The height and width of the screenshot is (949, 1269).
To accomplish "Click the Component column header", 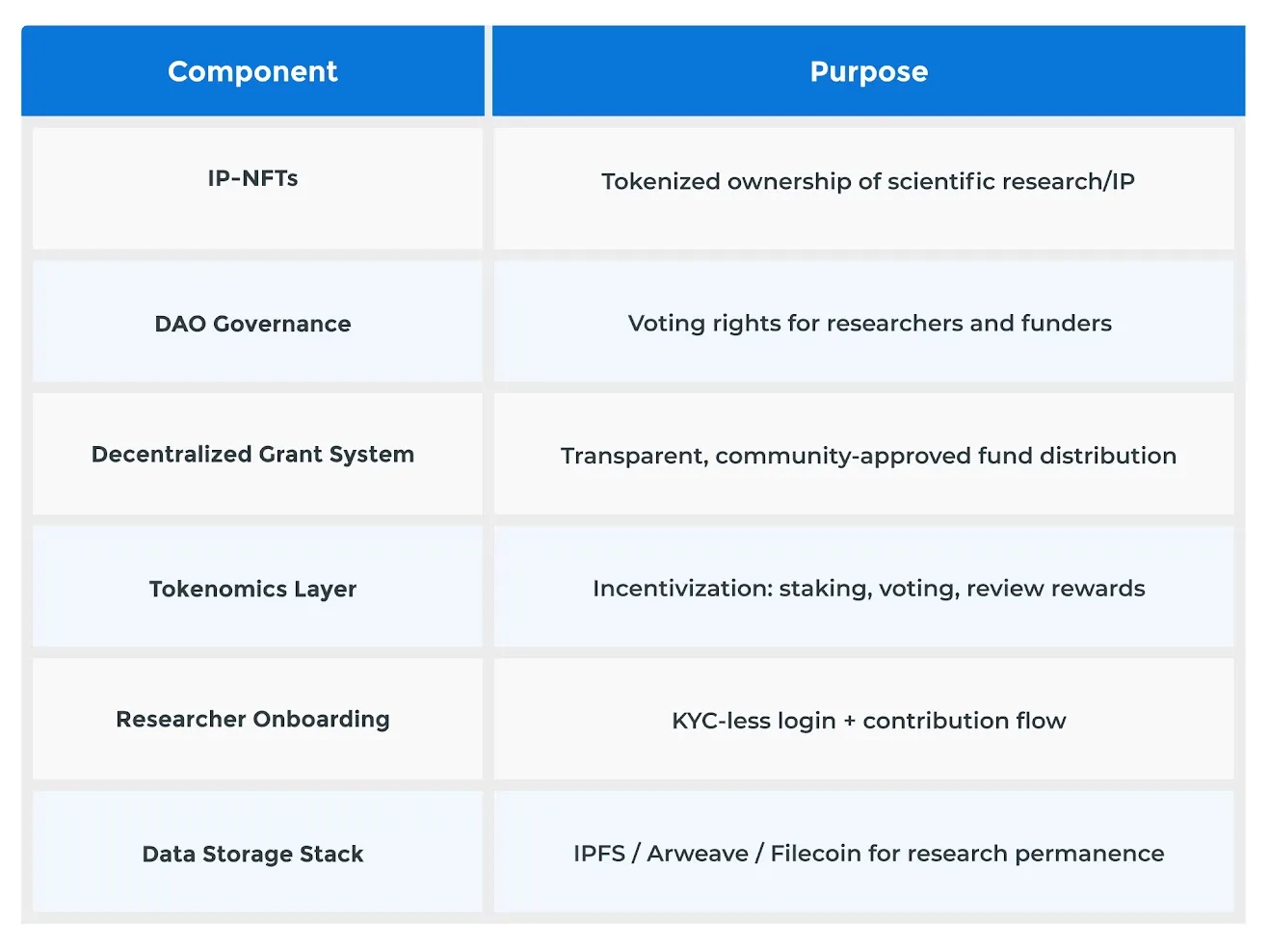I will click(x=252, y=71).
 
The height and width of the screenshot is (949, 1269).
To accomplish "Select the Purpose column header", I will click(x=868, y=71).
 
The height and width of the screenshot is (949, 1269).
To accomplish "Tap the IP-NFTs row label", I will click(x=252, y=178).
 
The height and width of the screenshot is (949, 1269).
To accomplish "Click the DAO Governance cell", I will click(x=252, y=324).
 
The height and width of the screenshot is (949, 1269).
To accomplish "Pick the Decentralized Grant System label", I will click(x=252, y=454).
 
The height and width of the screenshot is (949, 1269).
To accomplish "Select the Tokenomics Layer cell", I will click(x=252, y=589).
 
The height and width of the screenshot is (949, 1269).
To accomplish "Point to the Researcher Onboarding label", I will click(x=252, y=719).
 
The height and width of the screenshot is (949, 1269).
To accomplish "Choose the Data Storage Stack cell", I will click(x=252, y=854).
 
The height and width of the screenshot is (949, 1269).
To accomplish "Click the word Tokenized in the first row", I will click(x=660, y=181).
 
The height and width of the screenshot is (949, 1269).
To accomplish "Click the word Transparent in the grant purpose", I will click(x=634, y=456).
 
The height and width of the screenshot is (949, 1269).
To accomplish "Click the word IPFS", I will click(x=598, y=854).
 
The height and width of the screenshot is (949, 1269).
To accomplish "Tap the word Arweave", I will click(x=697, y=854).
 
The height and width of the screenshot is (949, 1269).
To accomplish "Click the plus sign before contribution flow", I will click(x=849, y=721).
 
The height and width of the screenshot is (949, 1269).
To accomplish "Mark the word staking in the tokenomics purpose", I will click(x=824, y=589).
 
